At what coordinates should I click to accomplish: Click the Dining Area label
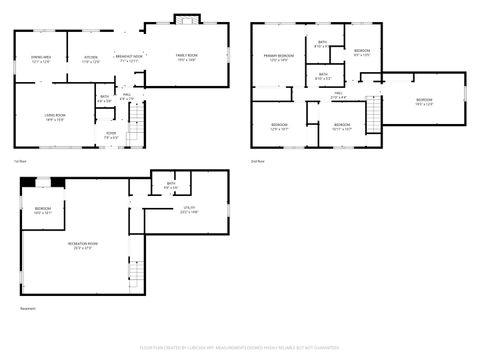click(x=41, y=59)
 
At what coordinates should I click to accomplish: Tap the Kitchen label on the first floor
click(x=91, y=59)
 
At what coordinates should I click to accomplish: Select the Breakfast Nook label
click(x=129, y=59)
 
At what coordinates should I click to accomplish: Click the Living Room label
click(x=54, y=118)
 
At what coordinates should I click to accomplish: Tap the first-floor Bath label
click(x=104, y=99)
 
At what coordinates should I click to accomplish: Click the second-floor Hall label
click(x=338, y=95)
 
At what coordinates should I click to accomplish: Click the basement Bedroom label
click(x=42, y=210)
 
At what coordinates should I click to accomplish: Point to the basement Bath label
click(x=171, y=185)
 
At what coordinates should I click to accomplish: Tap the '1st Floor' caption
click(x=19, y=161)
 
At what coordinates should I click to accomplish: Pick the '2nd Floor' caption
click(x=257, y=161)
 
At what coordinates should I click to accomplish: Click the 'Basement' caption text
click(x=27, y=309)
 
